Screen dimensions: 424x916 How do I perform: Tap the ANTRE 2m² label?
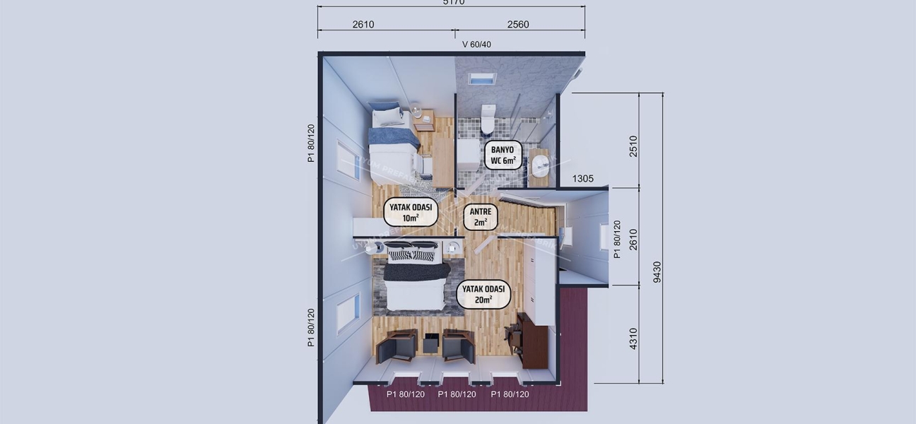coord(481,217)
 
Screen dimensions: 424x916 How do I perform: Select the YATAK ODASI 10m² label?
coord(410,212)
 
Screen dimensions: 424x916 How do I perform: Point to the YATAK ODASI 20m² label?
coord(483,294)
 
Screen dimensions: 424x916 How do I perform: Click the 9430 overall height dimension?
coord(657,271)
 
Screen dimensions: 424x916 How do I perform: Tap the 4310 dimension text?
coord(633,338)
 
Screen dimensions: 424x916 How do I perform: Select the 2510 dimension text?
coord(633,146)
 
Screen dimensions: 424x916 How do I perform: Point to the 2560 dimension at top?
coord(517,25)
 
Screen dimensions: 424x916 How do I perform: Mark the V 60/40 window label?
coord(476,45)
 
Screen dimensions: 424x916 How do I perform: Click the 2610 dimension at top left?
coord(363,25)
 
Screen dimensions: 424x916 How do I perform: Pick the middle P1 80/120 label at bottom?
coord(457,394)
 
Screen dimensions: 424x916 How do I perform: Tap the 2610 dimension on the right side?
coord(633,239)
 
